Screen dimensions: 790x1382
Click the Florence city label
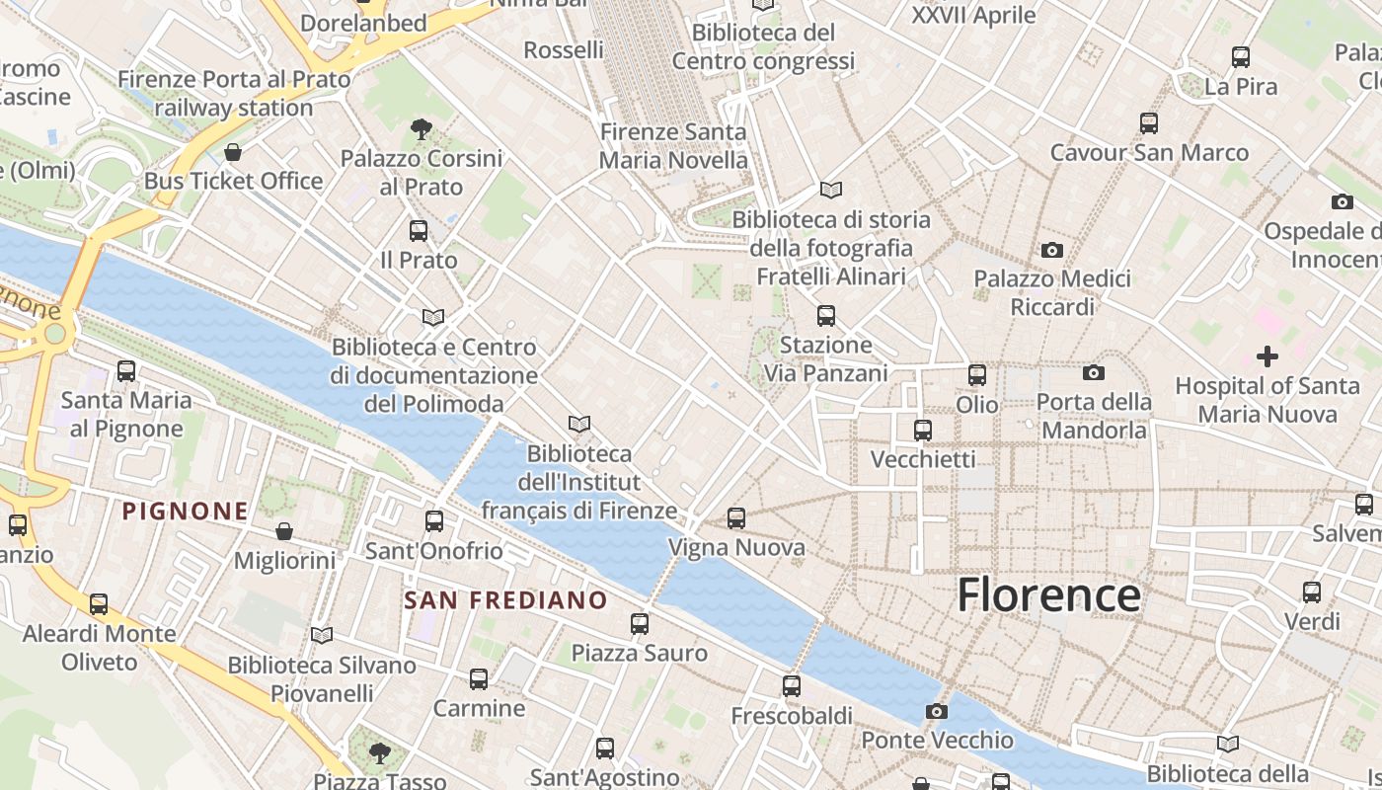tap(1048, 595)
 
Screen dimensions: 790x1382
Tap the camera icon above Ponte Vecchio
tap(936, 711)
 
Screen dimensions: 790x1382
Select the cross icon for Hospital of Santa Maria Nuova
tap(1267, 356)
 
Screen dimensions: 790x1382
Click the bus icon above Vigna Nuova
tap(735, 517)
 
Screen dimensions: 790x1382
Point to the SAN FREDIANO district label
tap(506, 599)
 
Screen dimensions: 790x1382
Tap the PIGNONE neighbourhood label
tap(186, 511)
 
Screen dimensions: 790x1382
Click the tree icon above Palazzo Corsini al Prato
tap(422, 128)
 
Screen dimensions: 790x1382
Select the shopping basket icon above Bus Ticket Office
tap(233, 152)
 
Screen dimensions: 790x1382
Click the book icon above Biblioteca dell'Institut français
tap(579, 424)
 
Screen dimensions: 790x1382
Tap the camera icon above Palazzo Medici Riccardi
tap(1052, 251)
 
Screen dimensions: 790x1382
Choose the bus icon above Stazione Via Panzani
tap(826, 316)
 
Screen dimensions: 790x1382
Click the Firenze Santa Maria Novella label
tap(674, 145)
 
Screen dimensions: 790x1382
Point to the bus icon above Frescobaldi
tap(791, 685)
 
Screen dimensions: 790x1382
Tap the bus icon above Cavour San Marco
tap(1149, 123)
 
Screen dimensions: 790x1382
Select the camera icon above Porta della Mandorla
tap(1094, 372)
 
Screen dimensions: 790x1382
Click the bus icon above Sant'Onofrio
tap(434, 520)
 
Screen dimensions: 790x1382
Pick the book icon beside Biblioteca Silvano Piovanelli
tap(322, 635)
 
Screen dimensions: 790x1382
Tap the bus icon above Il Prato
tap(419, 231)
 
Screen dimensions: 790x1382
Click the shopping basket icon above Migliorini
tap(284, 531)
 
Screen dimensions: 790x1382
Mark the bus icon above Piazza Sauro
tap(640, 623)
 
